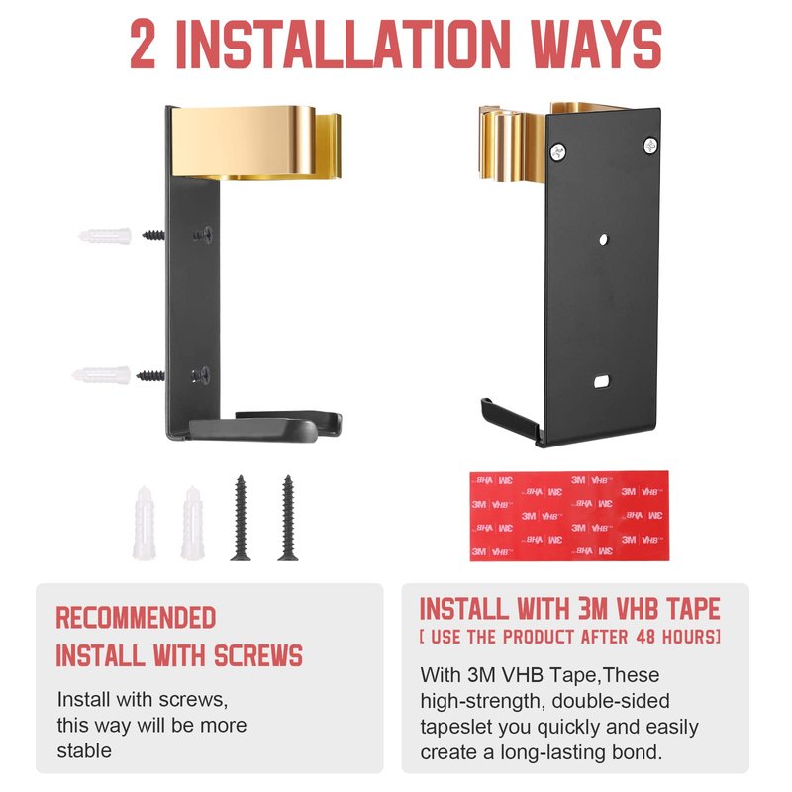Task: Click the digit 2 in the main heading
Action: pyautogui.click(x=143, y=45)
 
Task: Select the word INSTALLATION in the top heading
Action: pyautogui.click(x=344, y=45)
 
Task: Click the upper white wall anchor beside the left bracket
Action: pyautogui.click(x=105, y=236)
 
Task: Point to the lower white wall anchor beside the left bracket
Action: pyautogui.click(x=102, y=375)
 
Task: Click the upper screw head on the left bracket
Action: pyautogui.click(x=203, y=234)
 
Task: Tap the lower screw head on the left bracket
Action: pyautogui.click(x=201, y=375)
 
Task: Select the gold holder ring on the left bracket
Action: pyautogui.click(x=256, y=143)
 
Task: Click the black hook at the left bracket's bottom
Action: pyautogui.click(x=265, y=427)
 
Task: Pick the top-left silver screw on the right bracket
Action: pyautogui.click(x=557, y=151)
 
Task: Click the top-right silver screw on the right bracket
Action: pyautogui.click(x=650, y=146)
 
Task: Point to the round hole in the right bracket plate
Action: pyautogui.click(x=604, y=239)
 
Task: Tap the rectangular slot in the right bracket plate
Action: pyautogui.click(x=601, y=382)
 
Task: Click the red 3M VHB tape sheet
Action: pyautogui.click(x=570, y=516)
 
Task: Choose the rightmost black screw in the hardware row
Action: pyautogui.click(x=288, y=518)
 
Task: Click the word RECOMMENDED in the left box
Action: pyautogui.click(x=136, y=617)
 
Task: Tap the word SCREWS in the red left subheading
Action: pyautogui.click(x=258, y=655)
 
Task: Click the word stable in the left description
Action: pyautogui.click(x=84, y=750)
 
